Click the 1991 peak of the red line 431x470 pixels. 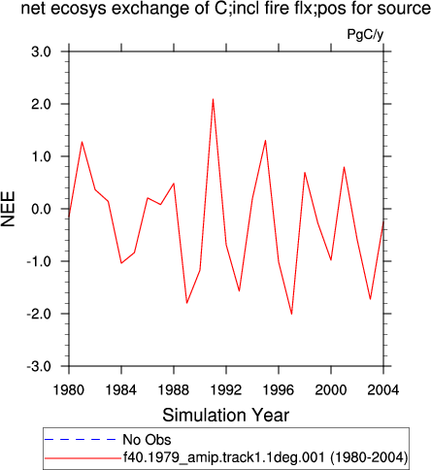pyautogui.click(x=213, y=99)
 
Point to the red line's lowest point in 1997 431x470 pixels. pyautogui.click(x=291, y=314)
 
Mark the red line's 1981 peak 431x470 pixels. pyautogui.click(x=83, y=142)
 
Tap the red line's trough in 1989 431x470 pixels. pyautogui.click(x=186, y=303)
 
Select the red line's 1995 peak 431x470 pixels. pyautogui.click(x=265, y=141)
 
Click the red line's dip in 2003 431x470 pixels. pyautogui.click(x=370, y=299)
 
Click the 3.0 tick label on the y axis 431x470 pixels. pyautogui.click(x=42, y=51)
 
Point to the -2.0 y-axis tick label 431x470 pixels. pyautogui.click(x=39, y=314)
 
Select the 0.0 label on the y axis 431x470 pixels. pyautogui.click(x=42, y=209)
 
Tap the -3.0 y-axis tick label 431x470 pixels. pyautogui.click(x=39, y=366)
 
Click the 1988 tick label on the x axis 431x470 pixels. pyautogui.click(x=174, y=390)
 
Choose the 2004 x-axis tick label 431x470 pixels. pyautogui.click(x=383, y=390)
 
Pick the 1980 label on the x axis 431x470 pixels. pyautogui.click(x=69, y=390)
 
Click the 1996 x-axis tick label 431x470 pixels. pyautogui.click(x=279, y=390)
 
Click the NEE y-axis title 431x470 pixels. pyautogui.click(x=9, y=209)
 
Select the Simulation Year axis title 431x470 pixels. pyautogui.click(x=226, y=415)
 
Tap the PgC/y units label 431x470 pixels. pyautogui.click(x=365, y=34)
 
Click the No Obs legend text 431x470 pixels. pyautogui.click(x=147, y=440)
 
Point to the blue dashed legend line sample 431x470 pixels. pyautogui.click(x=80, y=439)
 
